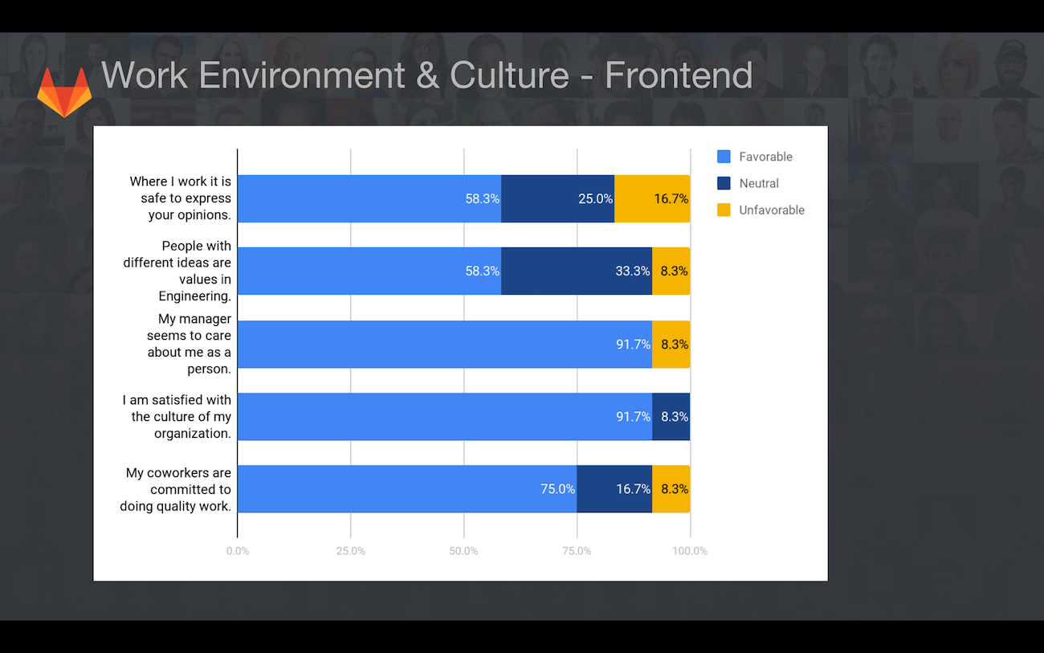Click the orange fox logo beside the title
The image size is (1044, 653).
64,92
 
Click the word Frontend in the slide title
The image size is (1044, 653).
679,75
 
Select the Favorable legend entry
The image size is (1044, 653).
755,157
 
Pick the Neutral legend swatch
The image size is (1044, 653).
724,183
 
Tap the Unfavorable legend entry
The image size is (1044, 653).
761,210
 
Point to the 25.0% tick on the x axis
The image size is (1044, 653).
350,551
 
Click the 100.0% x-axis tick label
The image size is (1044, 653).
690,551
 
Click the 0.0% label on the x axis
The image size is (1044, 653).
238,551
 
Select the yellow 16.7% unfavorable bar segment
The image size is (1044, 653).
652,198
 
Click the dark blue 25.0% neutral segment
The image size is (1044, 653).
558,198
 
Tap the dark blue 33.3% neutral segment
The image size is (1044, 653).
577,271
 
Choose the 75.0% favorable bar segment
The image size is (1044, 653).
407,489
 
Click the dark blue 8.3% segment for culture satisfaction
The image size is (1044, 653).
671,416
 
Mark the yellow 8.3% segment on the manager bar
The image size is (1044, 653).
671,344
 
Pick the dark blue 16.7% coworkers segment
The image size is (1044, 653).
614,489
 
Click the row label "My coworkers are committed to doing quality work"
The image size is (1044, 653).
176,489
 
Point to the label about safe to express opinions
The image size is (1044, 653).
181,198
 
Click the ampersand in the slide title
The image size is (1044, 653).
427,75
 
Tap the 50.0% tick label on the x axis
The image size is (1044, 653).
463,551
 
